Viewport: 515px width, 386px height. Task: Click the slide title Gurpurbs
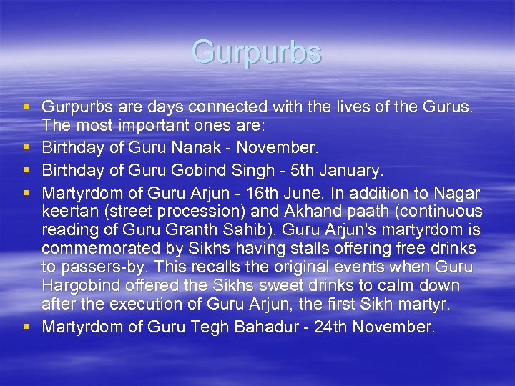coord(257,53)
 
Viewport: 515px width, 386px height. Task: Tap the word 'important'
coord(142,125)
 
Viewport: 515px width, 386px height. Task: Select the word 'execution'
coord(124,304)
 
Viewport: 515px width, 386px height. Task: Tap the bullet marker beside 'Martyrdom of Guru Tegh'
coord(26,327)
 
